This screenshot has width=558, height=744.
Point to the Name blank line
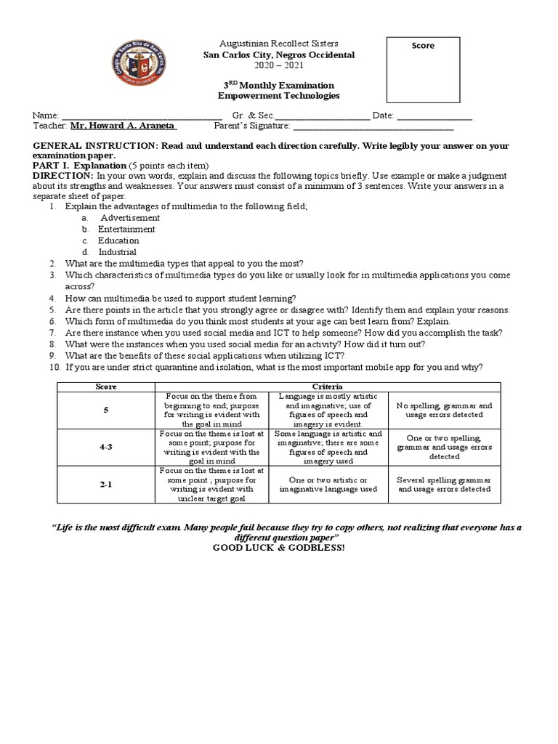(x=142, y=116)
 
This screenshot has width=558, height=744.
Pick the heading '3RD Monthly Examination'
(x=279, y=85)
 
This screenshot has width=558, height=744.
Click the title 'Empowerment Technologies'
(x=279, y=96)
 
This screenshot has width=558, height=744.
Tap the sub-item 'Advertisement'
(x=130, y=217)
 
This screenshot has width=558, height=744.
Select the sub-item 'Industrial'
(x=118, y=252)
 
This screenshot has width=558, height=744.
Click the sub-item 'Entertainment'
(x=128, y=229)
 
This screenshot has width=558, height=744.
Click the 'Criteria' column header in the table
(x=327, y=386)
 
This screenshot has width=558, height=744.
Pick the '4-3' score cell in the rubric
(x=106, y=448)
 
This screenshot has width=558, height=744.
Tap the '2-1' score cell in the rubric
(x=106, y=485)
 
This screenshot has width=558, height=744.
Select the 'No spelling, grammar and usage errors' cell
(x=444, y=410)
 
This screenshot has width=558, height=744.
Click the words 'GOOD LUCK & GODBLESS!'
(x=279, y=547)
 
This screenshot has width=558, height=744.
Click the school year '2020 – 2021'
(x=279, y=65)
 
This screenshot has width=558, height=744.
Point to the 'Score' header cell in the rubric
(x=106, y=386)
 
